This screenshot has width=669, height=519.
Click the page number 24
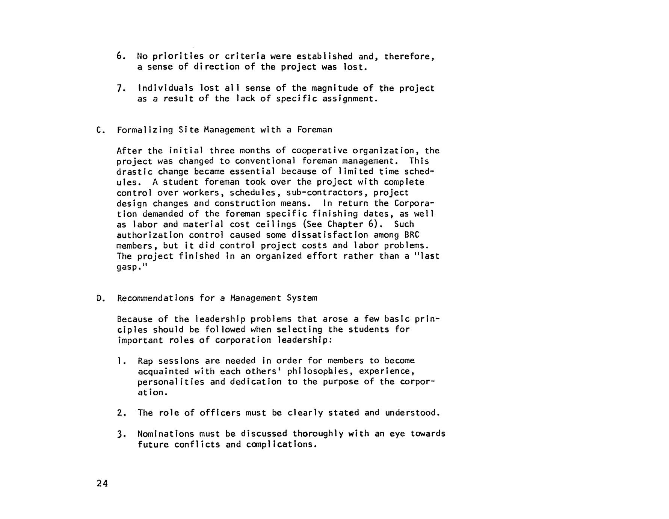click(102, 484)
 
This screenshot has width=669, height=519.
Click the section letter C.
click(99, 130)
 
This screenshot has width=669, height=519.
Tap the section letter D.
click(99, 299)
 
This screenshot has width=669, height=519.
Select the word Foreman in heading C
click(314, 130)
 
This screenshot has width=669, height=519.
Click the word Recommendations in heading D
click(155, 299)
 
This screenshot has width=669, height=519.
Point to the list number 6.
click(120, 56)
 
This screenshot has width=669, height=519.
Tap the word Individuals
click(166, 88)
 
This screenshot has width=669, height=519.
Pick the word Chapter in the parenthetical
click(345, 225)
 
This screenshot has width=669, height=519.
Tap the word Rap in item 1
click(145, 361)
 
